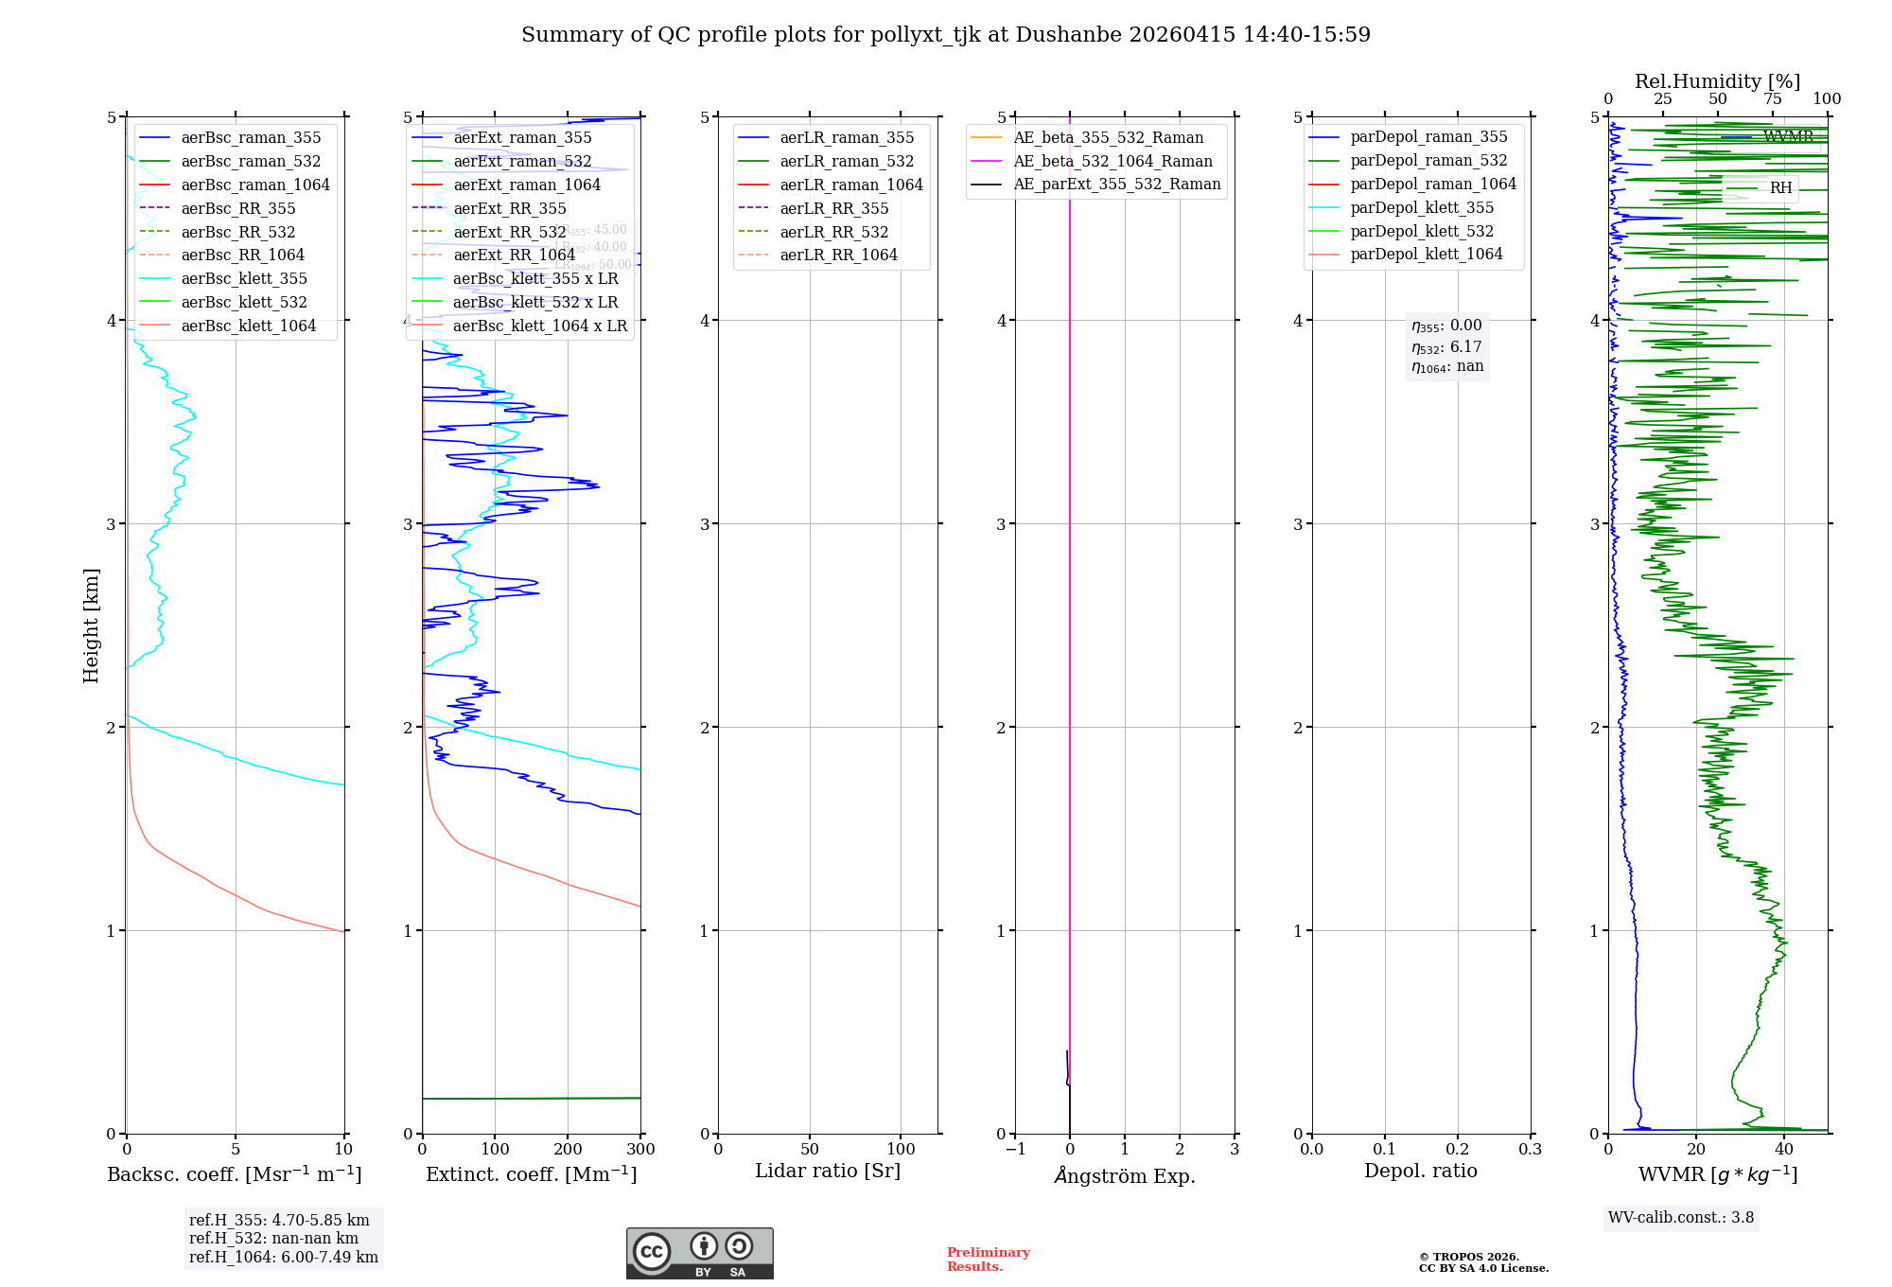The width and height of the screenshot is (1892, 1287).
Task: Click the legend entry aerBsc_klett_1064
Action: pyautogui.click(x=248, y=326)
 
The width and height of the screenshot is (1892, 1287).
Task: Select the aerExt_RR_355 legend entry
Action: pyautogui.click(x=510, y=208)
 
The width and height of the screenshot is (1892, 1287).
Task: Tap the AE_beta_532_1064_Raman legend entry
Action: pyautogui.click(x=1112, y=161)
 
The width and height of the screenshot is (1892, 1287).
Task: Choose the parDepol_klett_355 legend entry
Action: pyautogui.click(x=1422, y=207)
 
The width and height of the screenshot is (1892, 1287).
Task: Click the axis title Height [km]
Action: pyautogui.click(x=91, y=625)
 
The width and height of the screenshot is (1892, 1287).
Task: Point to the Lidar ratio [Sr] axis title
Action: pyautogui.click(x=828, y=1171)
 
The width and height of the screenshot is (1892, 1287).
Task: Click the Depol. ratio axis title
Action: pyautogui.click(x=1420, y=1171)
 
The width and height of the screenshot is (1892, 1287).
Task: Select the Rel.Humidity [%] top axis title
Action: pyautogui.click(x=1717, y=81)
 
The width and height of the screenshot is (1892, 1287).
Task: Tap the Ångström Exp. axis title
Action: pyautogui.click(x=1125, y=1175)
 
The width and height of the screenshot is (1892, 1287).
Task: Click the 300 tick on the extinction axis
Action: pyautogui.click(x=640, y=1149)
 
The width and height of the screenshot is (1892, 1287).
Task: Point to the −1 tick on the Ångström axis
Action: pyautogui.click(x=1015, y=1149)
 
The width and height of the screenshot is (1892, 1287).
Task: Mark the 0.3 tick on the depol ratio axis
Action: pyautogui.click(x=1530, y=1149)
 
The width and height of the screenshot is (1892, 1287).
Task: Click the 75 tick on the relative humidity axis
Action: pyautogui.click(x=1772, y=98)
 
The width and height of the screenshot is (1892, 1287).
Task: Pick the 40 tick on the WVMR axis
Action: pyautogui.click(x=1783, y=1149)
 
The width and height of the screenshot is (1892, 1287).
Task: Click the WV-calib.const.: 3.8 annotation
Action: pyautogui.click(x=1680, y=1217)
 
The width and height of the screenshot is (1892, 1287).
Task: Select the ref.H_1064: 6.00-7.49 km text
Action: pyautogui.click(x=283, y=1257)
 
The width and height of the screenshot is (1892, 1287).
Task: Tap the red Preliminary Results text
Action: pyautogui.click(x=988, y=1259)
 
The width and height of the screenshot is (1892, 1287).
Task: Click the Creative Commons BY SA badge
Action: pyautogui.click(x=699, y=1253)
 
